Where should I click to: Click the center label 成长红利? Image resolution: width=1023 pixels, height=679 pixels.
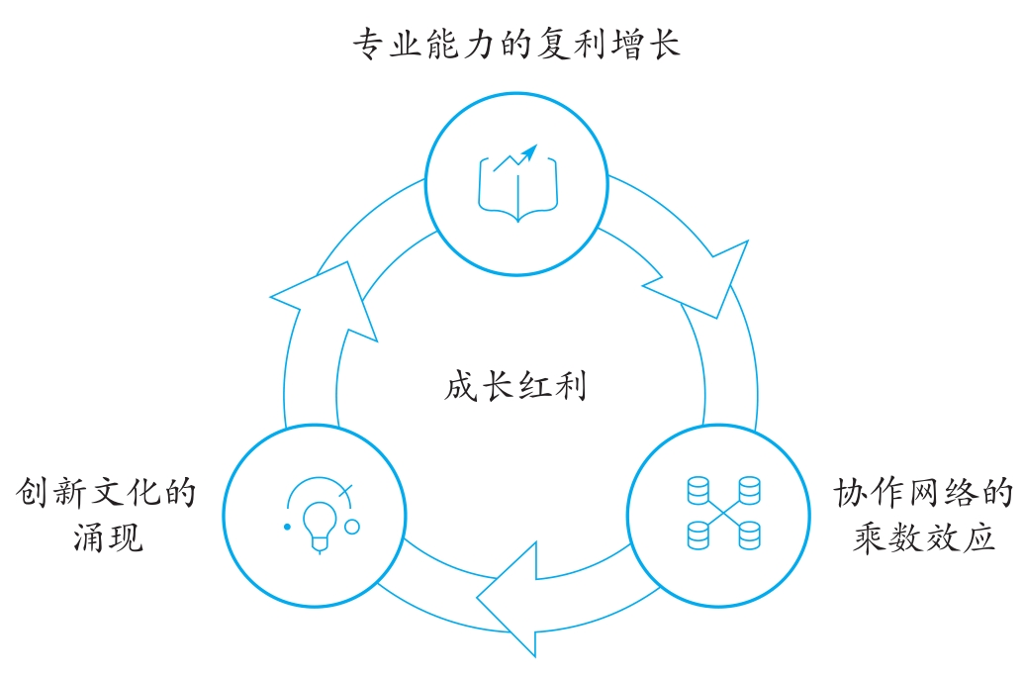515,385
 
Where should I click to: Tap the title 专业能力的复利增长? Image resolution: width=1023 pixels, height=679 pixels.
516,45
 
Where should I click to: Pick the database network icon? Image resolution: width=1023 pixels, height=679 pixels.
723,513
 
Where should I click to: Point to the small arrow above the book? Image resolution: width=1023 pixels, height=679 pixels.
529,152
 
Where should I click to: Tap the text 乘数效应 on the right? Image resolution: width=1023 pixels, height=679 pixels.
924,538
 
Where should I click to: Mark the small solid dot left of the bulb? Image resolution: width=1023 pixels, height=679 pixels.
287,527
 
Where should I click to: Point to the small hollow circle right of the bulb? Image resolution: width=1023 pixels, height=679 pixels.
352,527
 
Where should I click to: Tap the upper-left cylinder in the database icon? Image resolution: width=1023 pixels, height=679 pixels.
698,490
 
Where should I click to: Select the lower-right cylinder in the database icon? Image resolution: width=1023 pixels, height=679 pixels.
749,535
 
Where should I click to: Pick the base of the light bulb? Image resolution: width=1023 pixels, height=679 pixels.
319,543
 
